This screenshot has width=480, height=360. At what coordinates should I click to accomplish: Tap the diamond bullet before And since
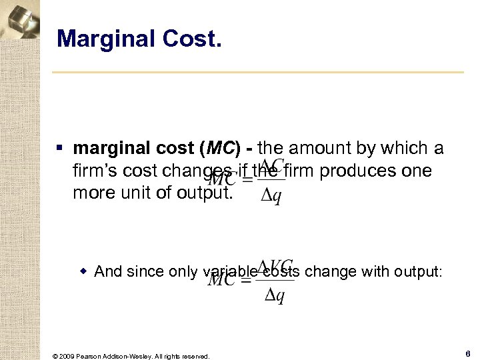tap(84, 271)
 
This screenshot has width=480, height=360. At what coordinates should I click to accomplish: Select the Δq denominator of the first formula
tap(270, 198)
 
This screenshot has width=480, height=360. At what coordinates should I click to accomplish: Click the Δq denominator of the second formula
tap(275, 295)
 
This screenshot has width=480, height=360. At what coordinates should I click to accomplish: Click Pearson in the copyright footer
tap(91, 356)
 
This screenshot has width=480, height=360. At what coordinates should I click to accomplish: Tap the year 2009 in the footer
tap(66, 356)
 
